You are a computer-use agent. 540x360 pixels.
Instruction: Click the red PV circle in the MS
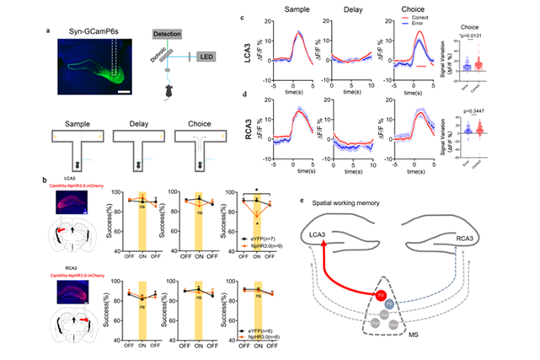tap(382, 295)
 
